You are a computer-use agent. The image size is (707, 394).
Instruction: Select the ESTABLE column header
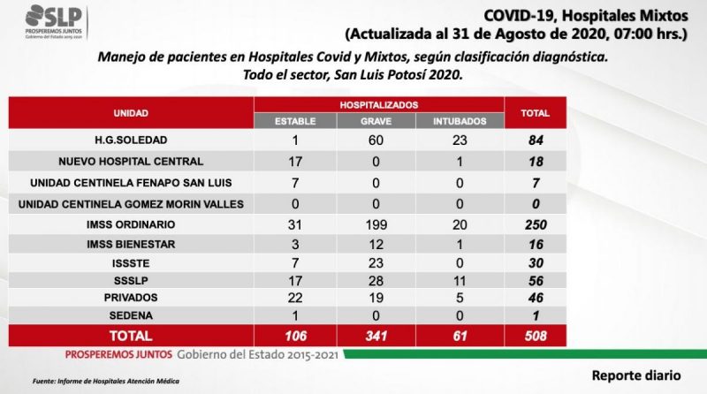tap(295, 121)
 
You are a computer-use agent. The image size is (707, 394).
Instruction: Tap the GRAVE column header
tap(376, 121)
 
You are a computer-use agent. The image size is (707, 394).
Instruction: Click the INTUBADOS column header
tap(460, 121)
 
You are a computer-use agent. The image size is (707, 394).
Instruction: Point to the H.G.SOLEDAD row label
tap(131, 140)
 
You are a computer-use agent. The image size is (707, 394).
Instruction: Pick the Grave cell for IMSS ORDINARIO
tap(376, 224)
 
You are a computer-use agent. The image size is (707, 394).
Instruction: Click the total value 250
tap(536, 224)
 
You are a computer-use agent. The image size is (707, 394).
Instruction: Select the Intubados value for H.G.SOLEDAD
tap(460, 140)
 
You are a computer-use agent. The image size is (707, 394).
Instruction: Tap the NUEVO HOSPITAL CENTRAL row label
tap(131, 162)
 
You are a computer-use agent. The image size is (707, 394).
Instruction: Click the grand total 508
tap(536, 336)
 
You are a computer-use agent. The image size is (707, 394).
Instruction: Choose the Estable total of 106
tap(295, 336)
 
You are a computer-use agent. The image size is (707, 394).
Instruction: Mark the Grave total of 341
tap(376, 336)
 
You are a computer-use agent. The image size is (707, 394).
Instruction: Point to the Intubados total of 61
tap(460, 336)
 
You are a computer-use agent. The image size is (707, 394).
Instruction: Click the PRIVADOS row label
tap(131, 298)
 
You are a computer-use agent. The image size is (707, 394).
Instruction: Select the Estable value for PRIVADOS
tap(295, 298)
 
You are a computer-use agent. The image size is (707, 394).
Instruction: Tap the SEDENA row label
tap(131, 315)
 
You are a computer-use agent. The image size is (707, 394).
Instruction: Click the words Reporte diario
tap(636, 375)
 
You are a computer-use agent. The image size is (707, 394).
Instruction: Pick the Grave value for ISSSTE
tap(376, 263)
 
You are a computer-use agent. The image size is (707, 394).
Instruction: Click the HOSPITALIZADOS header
tap(379, 105)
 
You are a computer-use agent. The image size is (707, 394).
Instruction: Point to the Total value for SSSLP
tap(536, 281)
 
